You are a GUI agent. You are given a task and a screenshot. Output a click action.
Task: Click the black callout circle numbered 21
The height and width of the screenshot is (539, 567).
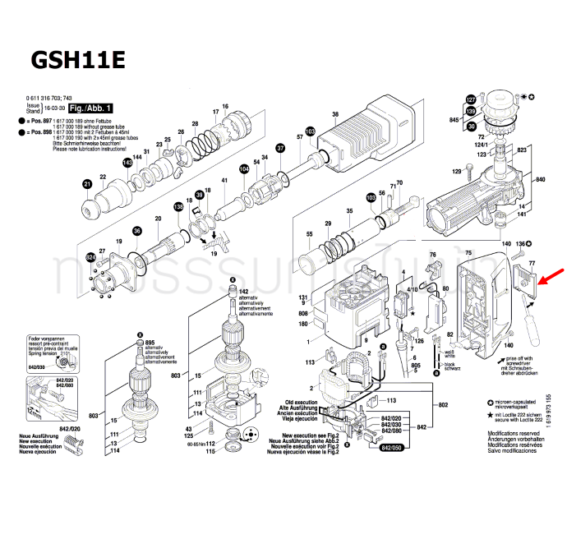pyautogui.click(x=87, y=184)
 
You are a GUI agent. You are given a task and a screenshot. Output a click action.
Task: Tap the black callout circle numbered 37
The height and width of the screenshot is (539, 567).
pyautogui.click(x=280, y=149)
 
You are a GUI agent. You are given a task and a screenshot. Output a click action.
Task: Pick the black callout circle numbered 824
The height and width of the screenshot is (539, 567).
pyautogui.click(x=91, y=259)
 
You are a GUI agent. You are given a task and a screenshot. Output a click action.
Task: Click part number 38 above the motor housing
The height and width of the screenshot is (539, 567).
pyautogui.click(x=335, y=114)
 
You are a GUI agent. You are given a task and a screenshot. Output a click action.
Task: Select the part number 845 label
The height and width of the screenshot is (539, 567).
pyautogui.click(x=454, y=120)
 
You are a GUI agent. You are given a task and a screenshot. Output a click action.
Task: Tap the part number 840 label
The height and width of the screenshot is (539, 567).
pyautogui.click(x=540, y=179)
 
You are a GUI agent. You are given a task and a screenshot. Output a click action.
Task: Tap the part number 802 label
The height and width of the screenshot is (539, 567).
pyautogui.click(x=443, y=405)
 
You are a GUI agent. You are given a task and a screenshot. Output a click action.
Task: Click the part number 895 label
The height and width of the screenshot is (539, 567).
pyautogui.click(x=150, y=342)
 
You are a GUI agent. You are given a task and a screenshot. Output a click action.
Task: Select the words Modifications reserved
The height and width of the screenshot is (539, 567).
pyautogui.click(x=514, y=432)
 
